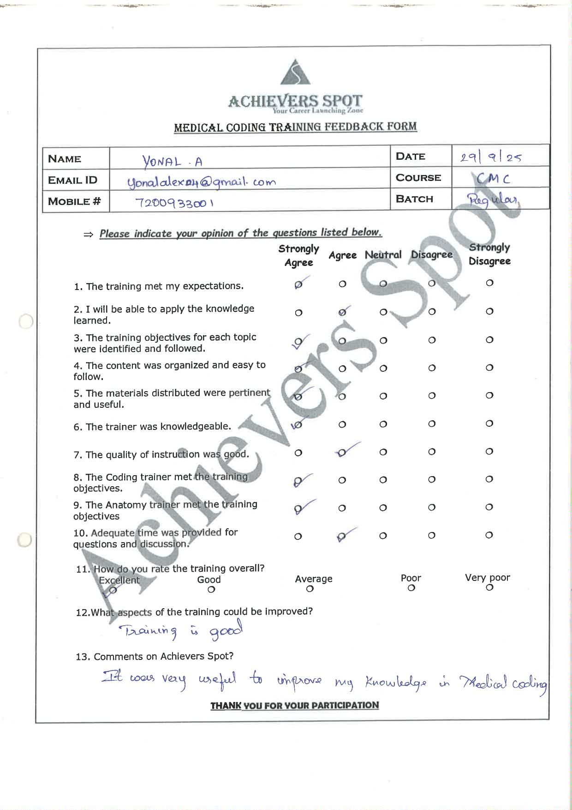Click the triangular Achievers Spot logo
295,73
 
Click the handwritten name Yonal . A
173,161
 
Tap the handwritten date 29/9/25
490,157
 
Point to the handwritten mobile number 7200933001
174,203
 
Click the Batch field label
414,199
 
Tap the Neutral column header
383,255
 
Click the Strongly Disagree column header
489,254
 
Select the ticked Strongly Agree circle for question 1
298,284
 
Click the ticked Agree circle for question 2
342,312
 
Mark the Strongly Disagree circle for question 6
489,423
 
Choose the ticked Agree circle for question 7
342,453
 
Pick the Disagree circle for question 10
432,535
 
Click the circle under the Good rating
211,589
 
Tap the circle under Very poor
489,587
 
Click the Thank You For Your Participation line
295,706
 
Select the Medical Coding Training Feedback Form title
295,127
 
